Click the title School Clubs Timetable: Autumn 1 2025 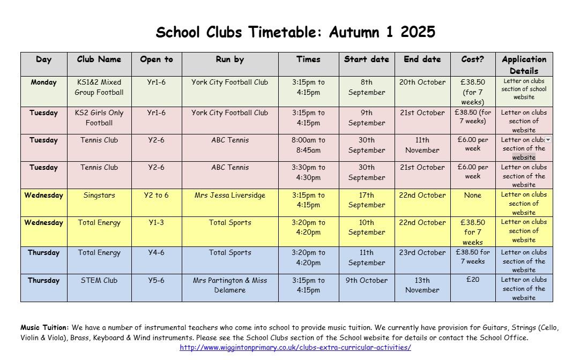295,33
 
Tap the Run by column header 230,59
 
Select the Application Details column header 524,65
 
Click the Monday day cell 44,82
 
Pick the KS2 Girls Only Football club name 99,118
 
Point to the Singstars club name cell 99,196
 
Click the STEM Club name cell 99,280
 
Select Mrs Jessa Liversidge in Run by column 230,196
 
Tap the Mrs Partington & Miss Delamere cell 230,285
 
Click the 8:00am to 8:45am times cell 308,145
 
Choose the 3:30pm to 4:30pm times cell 308,172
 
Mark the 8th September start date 367,87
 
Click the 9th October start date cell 367,280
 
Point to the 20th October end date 422,82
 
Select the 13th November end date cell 422,285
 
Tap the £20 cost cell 473,279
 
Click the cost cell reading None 473,196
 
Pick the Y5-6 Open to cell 157,280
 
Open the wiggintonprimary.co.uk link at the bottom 295,347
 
